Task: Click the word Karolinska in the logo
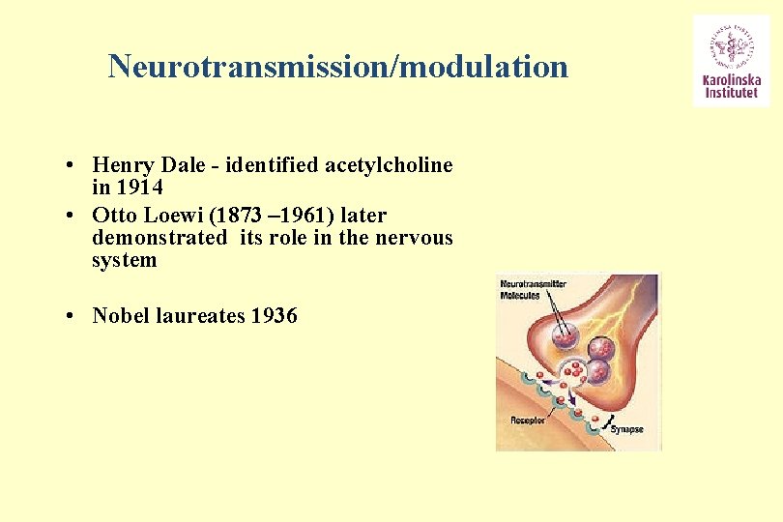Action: coord(732,82)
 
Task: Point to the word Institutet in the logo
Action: coord(732,96)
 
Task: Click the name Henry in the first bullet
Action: coord(123,165)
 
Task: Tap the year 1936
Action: coord(274,315)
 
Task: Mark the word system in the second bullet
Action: coord(125,260)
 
